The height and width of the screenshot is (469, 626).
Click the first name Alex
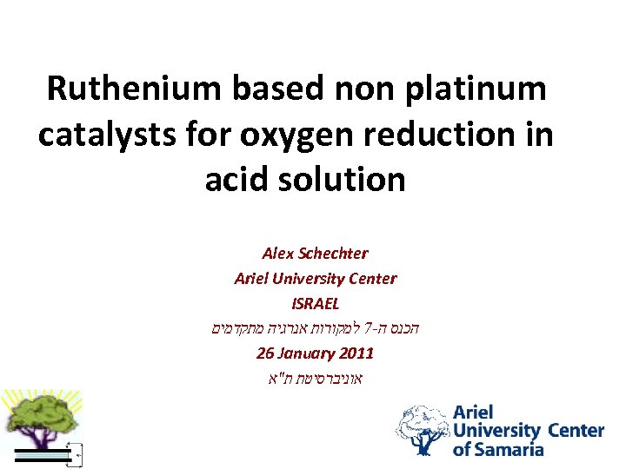coord(279,254)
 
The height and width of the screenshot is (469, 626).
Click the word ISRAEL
coord(315,304)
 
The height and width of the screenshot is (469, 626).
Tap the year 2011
coord(357,353)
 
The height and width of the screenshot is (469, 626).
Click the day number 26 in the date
coord(266,353)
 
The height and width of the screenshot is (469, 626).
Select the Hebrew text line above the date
coord(314,329)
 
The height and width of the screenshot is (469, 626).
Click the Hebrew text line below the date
coord(315,379)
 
